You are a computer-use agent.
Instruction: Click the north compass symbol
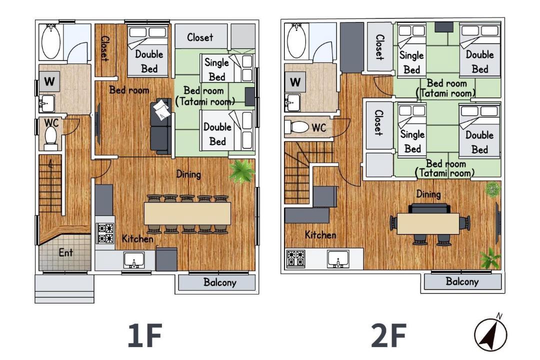point(491,333)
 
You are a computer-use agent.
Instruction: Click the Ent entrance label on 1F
point(65,252)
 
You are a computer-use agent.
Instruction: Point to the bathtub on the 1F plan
point(51,41)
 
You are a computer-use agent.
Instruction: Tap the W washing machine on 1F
point(49,81)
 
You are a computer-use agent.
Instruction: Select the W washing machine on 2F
point(295,82)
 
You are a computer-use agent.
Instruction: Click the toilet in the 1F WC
point(51,138)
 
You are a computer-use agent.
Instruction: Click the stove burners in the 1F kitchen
point(105,233)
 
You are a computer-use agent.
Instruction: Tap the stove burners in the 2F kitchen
point(296,258)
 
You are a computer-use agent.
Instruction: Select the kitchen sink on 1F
point(134,260)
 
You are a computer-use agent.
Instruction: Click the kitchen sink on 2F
point(338,259)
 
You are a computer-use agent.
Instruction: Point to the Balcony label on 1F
point(219,282)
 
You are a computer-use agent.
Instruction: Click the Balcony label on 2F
point(462,281)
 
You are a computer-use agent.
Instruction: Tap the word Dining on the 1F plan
point(188,174)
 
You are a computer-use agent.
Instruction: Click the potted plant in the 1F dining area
point(242,171)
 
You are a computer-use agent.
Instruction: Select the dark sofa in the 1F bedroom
point(161,126)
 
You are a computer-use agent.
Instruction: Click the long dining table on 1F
point(187,213)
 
